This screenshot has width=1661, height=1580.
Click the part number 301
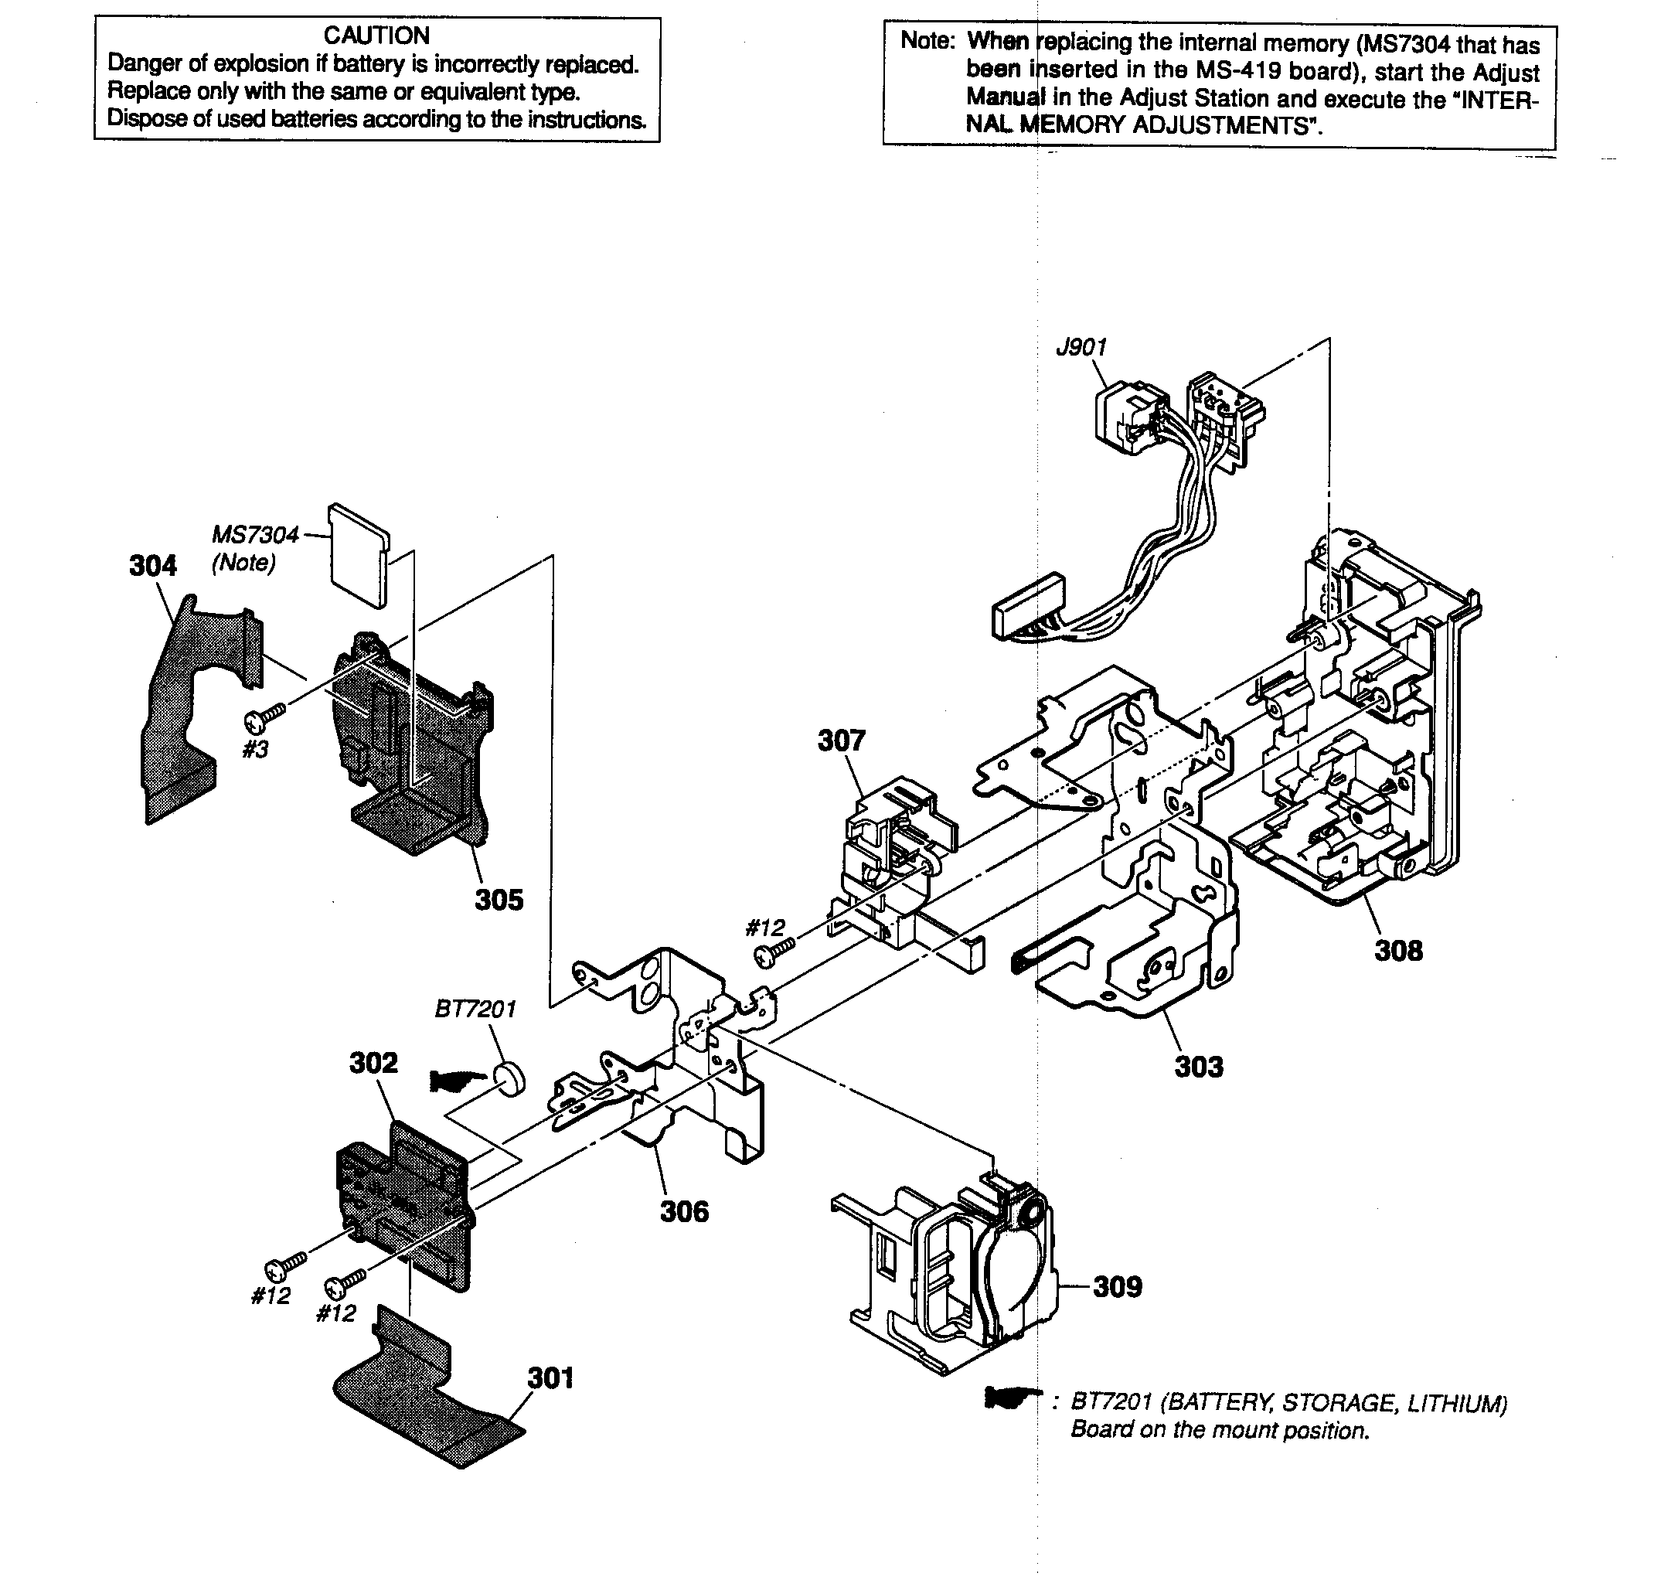pyautogui.click(x=550, y=1378)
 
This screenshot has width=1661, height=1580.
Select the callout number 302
pyautogui.click(x=373, y=1063)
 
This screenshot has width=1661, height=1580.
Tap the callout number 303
pyautogui.click(x=1199, y=1067)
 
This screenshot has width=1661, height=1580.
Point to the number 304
pyautogui.click(x=152, y=566)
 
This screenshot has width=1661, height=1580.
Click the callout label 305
pyautogui.click(x=499, y=901)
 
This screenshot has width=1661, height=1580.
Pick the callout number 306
pyautogui.click(x=684, y=1212)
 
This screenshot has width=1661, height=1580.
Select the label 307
pyautogui.click(x=842, y=741)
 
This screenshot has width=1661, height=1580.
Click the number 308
pyautogui.click(x=1398, y=951)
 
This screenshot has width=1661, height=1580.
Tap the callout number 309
pyautogui.click(x=1117, y=1287)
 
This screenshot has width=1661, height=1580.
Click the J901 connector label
pyautogui.click(x=1081, y=347)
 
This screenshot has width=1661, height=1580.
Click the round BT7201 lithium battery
pyautogui.click(x=509, y=1079)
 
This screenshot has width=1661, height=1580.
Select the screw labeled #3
pyautogui.click(x=264, y=717)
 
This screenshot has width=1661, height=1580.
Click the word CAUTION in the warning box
pyautogui.click(x=376, y=36)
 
